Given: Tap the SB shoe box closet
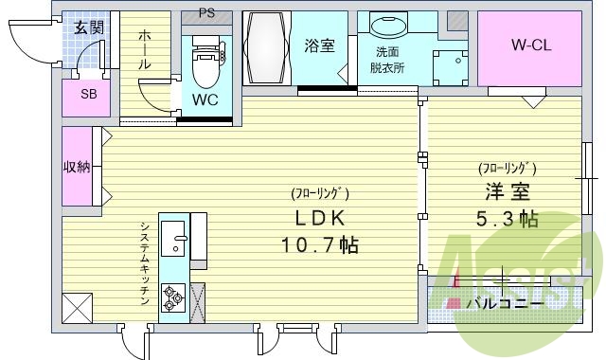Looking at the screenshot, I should pyautogui.click(x=88, y=95).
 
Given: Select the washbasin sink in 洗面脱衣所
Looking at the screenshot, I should pyautogui.click(x=386, y=28).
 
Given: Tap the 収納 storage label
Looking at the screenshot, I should pyautogui.click(x=78, y=168).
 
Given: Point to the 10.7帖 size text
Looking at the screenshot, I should pyautogui.click(x=320, y=246).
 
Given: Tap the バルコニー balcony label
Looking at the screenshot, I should pyautogui.click(x=505, y=303).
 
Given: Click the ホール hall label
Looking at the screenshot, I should pyautogui.click(x=145, y=49).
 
